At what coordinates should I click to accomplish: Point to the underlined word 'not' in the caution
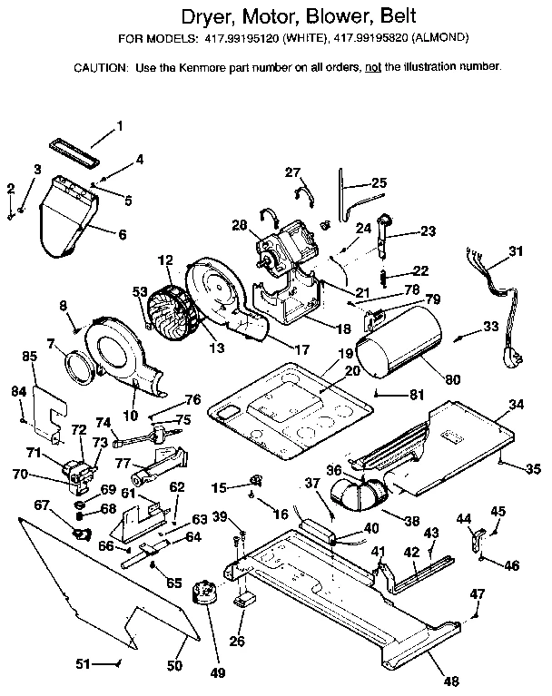(x=370, y=67)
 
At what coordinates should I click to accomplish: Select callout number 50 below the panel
(x=175, y=665)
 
